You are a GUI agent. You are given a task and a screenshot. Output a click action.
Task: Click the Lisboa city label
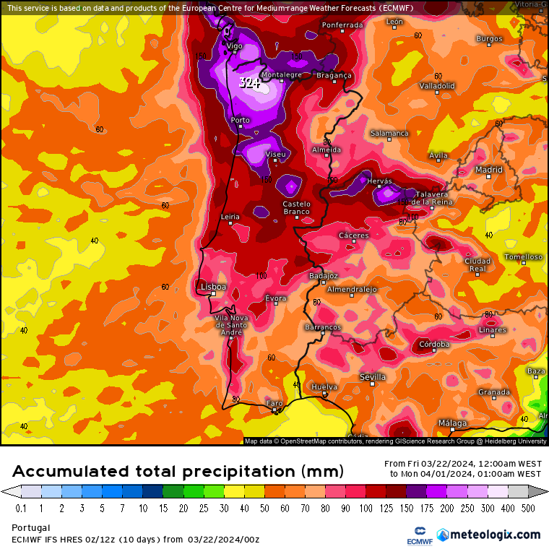pos(213,287)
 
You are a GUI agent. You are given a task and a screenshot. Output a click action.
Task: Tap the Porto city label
pos(240,120)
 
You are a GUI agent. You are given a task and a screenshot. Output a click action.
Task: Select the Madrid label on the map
pos(488,170)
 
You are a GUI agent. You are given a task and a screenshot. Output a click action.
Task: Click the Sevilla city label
pos(373,377)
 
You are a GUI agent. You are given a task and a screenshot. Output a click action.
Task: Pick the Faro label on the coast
pos(274,403)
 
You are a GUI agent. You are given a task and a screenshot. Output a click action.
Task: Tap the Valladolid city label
pos(437,85)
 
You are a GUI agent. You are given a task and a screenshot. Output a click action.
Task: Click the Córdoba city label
pos(434,344)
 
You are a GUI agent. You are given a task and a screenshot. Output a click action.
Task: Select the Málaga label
pos(452,423)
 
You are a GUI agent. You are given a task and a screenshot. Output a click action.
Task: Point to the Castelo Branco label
pos(296,208)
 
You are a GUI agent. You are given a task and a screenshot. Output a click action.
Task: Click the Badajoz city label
pos(323,275)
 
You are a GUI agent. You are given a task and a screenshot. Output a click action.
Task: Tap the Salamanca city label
pos(389,133)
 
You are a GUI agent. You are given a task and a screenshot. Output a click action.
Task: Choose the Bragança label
pos(334,75)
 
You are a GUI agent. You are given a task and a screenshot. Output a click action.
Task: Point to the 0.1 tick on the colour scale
pos(21,509)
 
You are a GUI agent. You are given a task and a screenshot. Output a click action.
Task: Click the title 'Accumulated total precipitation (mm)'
pos(177,472)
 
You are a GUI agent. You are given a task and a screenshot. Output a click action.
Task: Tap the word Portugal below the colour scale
pos(31,528)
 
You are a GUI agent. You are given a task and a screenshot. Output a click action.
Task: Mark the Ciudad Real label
pos(477,264)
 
